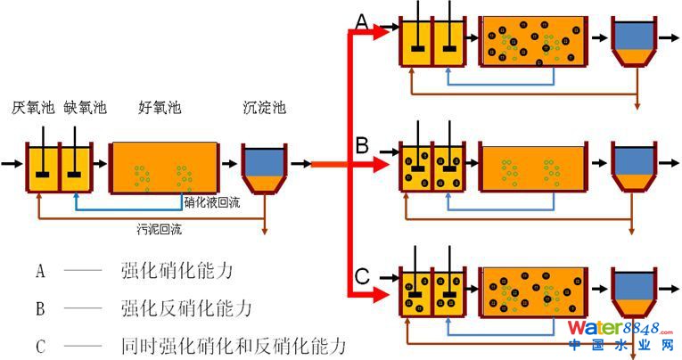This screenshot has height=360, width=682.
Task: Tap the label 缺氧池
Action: click(86, 109)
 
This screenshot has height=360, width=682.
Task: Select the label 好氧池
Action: click(160, 109)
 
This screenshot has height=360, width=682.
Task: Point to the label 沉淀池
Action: click(265, 109)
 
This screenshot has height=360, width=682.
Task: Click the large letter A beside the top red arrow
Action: click(362, 20)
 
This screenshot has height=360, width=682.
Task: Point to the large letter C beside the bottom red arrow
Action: click(362, 276)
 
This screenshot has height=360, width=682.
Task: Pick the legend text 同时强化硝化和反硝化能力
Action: click(233, 345)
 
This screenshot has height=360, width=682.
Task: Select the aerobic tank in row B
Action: click(534, 166)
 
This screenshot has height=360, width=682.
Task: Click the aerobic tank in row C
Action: click(534, 292)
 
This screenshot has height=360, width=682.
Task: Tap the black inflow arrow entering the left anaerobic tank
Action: click(12, 164)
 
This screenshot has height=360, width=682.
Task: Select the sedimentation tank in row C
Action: click(633, 292)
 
